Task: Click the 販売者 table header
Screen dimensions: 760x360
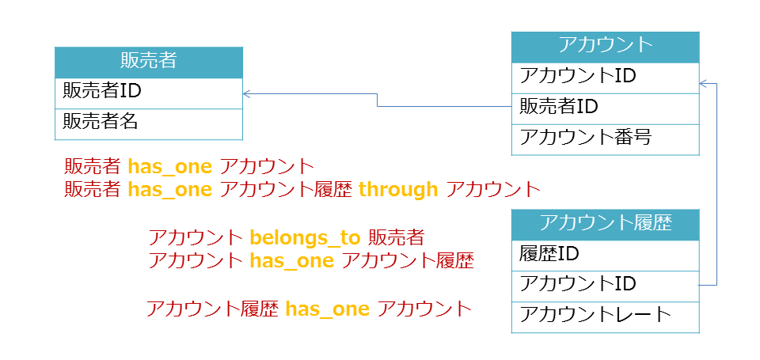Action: tap(148, 63)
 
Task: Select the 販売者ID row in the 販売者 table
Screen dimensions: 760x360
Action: tap(148, 93)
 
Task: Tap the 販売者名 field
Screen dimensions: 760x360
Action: tap(148, 124)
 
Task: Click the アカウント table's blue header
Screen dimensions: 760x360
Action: tap(606, 47)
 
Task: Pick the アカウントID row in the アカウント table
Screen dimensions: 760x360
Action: tap(606, 78)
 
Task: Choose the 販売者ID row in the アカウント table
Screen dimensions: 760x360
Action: tap(606, 109)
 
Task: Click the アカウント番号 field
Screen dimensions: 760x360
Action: tap(606, 139)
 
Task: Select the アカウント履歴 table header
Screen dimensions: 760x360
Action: tap(606, 225)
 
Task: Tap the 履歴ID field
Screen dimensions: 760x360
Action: tap(606, 256)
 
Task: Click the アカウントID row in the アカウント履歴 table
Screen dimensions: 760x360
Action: tap(606, 286)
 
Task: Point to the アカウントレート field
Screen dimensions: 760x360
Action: tap(606, 317)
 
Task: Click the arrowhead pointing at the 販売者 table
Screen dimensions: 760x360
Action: tap(245, 93)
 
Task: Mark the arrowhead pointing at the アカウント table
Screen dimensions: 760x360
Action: tap(703, 84)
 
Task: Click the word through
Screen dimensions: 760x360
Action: tap(398, 190)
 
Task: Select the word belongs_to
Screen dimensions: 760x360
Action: tap(305, 238)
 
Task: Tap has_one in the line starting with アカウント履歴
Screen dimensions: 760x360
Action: tap(327, 309)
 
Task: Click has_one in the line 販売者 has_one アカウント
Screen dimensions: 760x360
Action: tap(169, 167)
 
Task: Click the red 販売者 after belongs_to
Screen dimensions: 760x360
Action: tap(397, 238)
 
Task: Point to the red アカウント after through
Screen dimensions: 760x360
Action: tap(492, 190)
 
